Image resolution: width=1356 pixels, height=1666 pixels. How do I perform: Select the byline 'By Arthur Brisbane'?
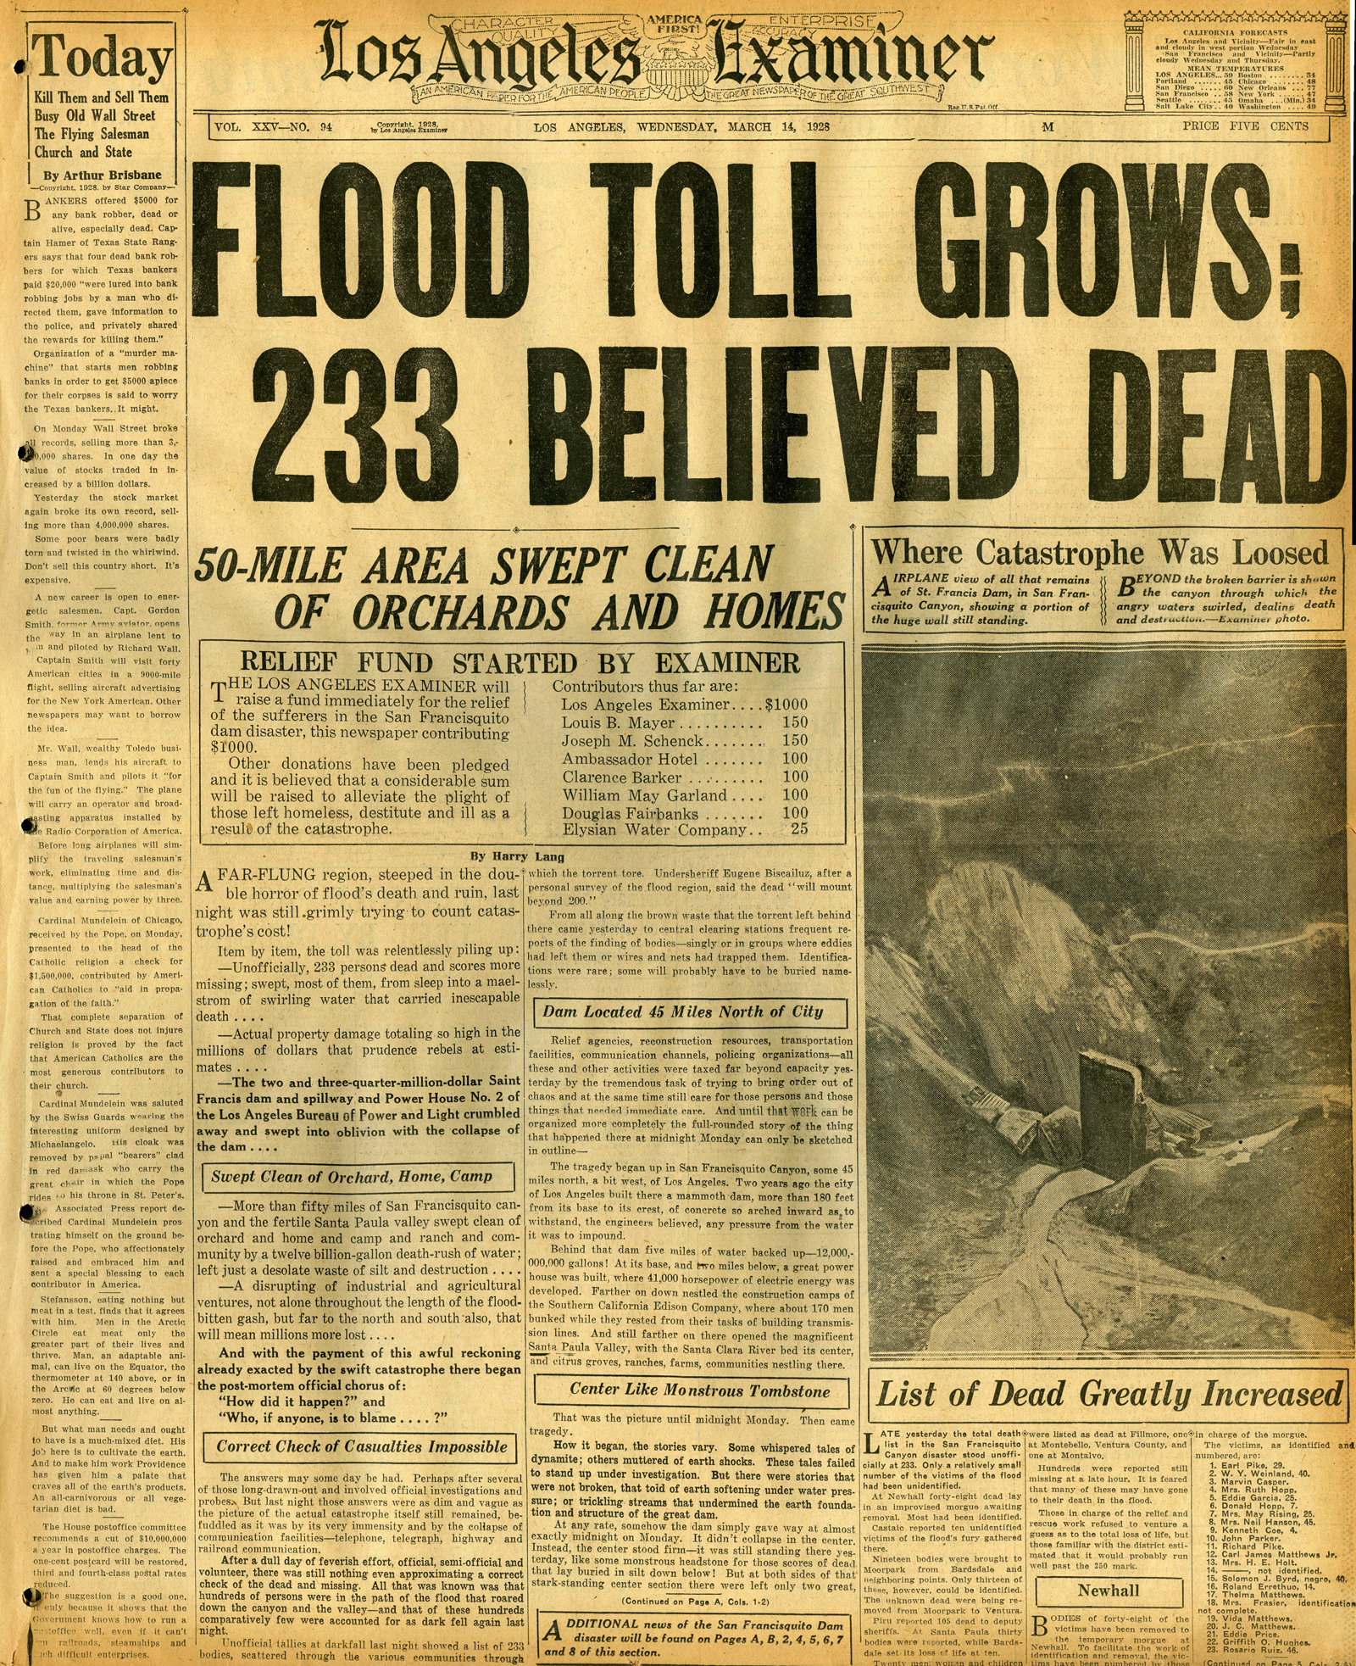click(x=102, y=175)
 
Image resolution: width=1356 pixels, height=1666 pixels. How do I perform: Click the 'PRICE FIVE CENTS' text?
click(x=1245, y=126)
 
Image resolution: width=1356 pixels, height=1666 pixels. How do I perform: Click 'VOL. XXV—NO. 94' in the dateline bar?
click(x=273, y=127)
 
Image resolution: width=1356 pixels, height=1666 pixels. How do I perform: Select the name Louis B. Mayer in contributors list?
click(x=618, y=723)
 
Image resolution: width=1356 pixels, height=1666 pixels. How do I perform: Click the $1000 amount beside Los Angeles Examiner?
click(x=786, y=705)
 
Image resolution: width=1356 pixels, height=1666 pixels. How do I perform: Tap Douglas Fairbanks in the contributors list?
click(x=630, y=813)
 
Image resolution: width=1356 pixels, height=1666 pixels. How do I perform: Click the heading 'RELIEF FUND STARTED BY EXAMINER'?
click(x=520, y=662)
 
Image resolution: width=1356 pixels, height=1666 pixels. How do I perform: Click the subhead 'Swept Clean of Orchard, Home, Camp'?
click(x=351, y=1177)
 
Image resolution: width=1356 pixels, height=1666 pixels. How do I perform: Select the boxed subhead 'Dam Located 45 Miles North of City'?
click(x=682, y=1011)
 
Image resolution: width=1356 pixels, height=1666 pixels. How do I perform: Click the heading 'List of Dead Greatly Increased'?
click(x=1109, y=1394)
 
